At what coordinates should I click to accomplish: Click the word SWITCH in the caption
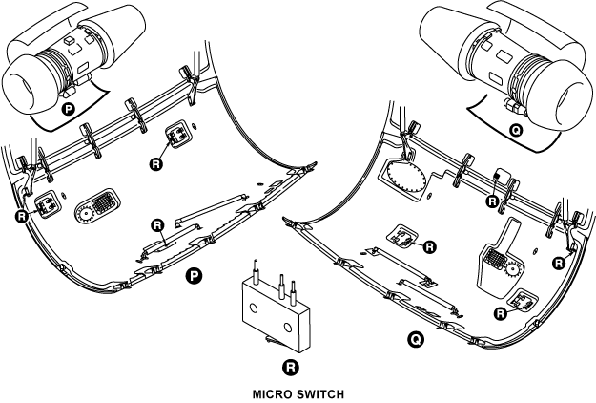(x=319, y=392)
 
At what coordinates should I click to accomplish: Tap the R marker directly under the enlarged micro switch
(x=291, y=367)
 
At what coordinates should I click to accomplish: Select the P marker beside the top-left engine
(x=68, y=110)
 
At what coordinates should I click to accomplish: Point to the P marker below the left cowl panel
(x=194, y=277)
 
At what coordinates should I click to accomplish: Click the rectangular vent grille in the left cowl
(x=99, y=203)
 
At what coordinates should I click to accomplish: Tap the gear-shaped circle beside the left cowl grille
(x=81, y=215)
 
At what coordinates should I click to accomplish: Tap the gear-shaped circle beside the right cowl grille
(x=512, y=270)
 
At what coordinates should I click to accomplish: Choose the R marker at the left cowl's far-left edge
(x=23, y=217)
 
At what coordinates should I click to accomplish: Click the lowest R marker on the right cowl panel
(x=503, y=312)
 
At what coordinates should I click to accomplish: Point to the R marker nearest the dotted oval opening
(x=491, y=201)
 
